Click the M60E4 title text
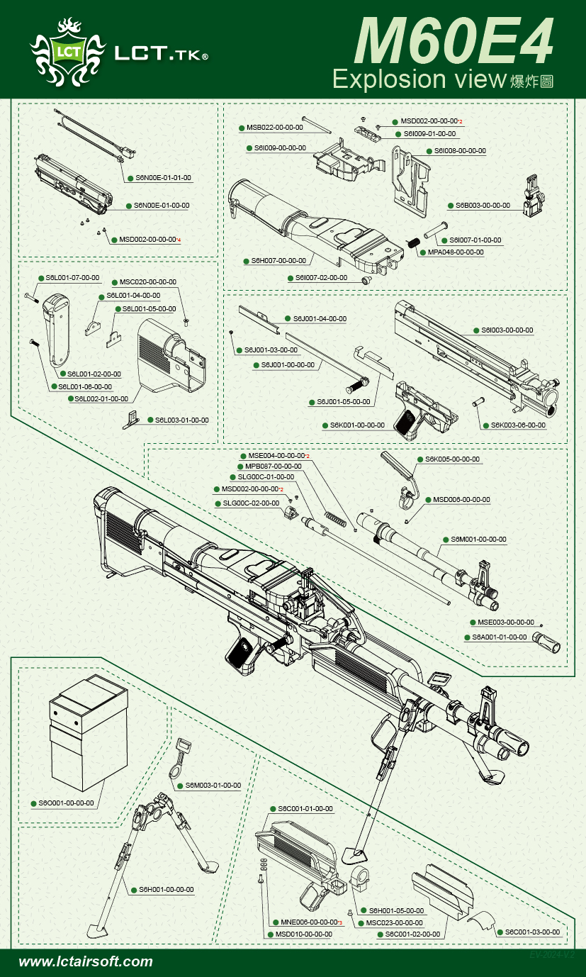(x=453, y=41)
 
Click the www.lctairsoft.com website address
(x=86, y=962)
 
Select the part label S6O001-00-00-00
(x=66, y=803)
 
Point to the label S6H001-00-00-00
(x=166, y=889)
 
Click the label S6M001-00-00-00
(x=478, y=540)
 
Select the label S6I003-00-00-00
(x=507, y=330)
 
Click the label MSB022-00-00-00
(x=275, y=128)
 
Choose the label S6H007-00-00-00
(x=278, y=261)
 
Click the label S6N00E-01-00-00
(x=162, y=206)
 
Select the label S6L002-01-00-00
(x=101, y=399)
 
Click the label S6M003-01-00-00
(x=213, y=786)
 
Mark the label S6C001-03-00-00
(x=532, y=932)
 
